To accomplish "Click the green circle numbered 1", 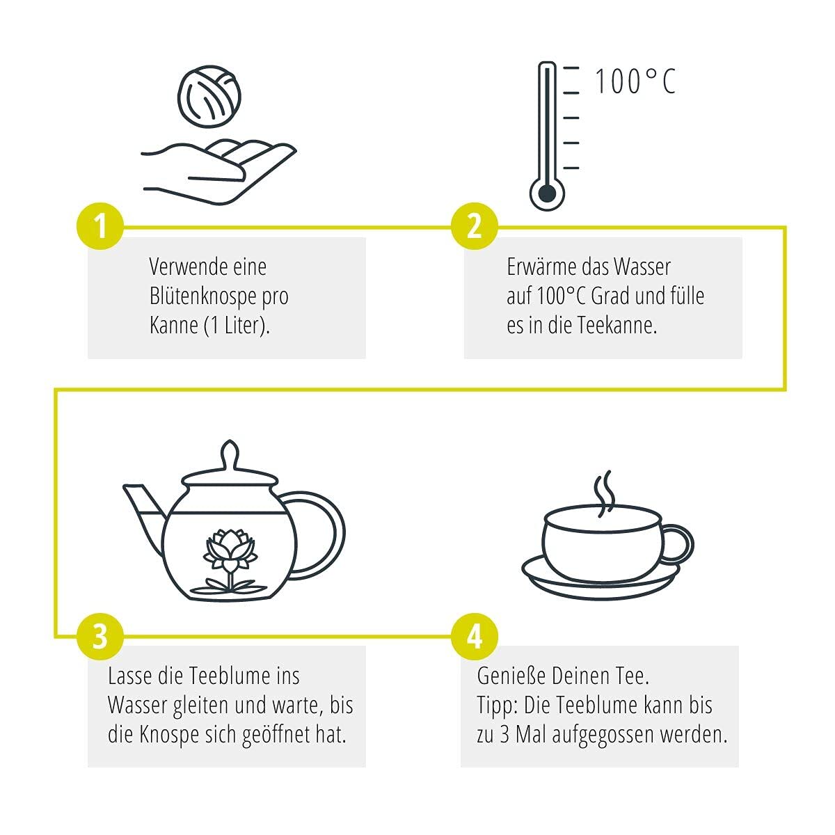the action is pos(100,225).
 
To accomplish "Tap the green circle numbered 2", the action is pos(475,225).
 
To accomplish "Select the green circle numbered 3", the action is pos(100,637).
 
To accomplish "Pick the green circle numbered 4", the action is pos(475,637).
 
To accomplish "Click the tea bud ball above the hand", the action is pos(209,96).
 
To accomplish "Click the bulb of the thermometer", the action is pos(547,193).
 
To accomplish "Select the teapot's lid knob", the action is pos(229,454).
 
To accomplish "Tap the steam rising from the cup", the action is pos(604,493).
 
